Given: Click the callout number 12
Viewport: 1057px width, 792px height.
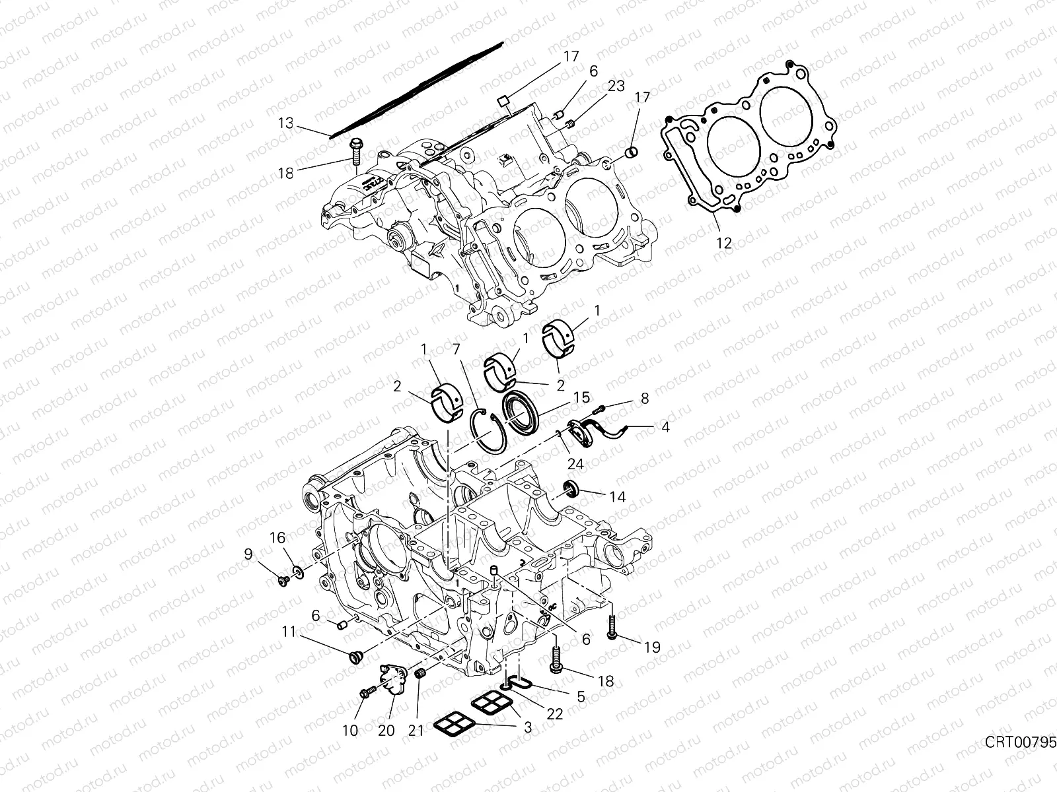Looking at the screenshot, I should point(724,243).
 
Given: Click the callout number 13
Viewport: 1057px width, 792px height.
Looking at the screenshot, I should point(285,123).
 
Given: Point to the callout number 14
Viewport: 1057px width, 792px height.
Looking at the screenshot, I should point(617,496).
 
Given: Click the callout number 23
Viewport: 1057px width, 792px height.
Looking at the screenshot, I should point(616,86).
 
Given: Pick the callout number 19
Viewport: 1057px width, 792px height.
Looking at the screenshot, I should point(651,647).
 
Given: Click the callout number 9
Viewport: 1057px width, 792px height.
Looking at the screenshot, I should point(248,555).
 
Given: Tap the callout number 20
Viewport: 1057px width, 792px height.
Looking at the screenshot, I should point(386,730).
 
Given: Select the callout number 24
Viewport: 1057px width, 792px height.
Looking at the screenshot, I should point(575,464).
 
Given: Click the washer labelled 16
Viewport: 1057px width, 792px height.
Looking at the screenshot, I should point(298,570).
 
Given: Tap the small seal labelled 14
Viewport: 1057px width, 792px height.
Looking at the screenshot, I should point(570,489).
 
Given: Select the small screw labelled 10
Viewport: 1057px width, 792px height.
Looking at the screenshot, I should point(367,692).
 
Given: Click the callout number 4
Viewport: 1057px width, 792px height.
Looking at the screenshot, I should point(665,428).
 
